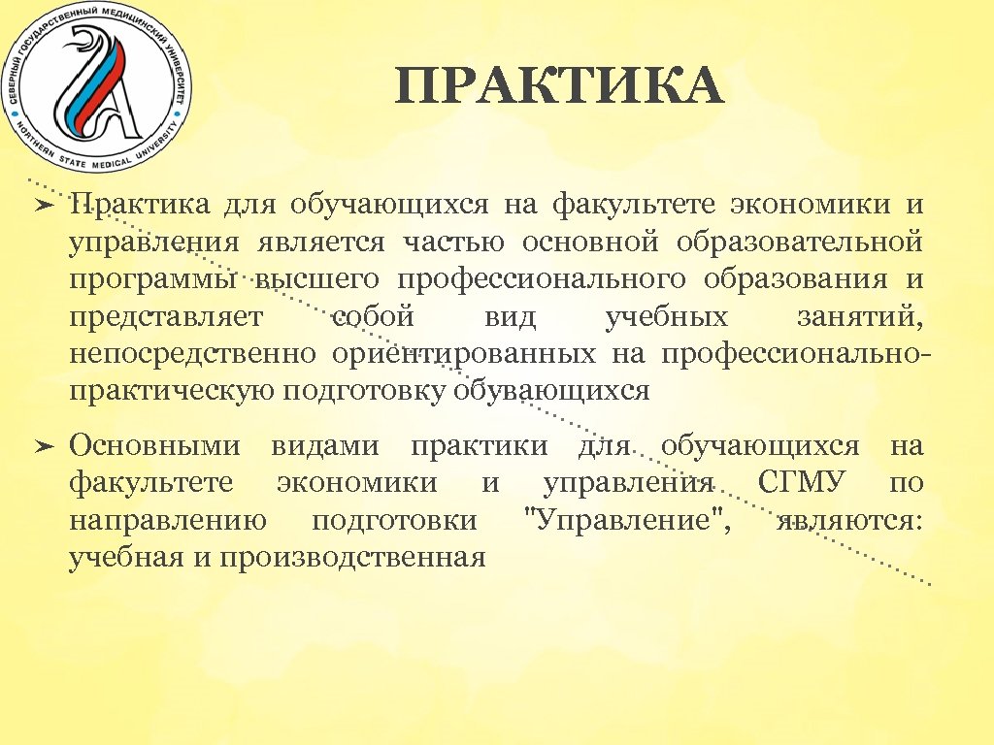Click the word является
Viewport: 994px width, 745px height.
pos(320,243)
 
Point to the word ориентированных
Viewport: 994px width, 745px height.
pos(463,354)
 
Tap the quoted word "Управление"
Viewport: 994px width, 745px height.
pos(627,520)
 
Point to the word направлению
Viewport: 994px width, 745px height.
pos(168,521)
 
